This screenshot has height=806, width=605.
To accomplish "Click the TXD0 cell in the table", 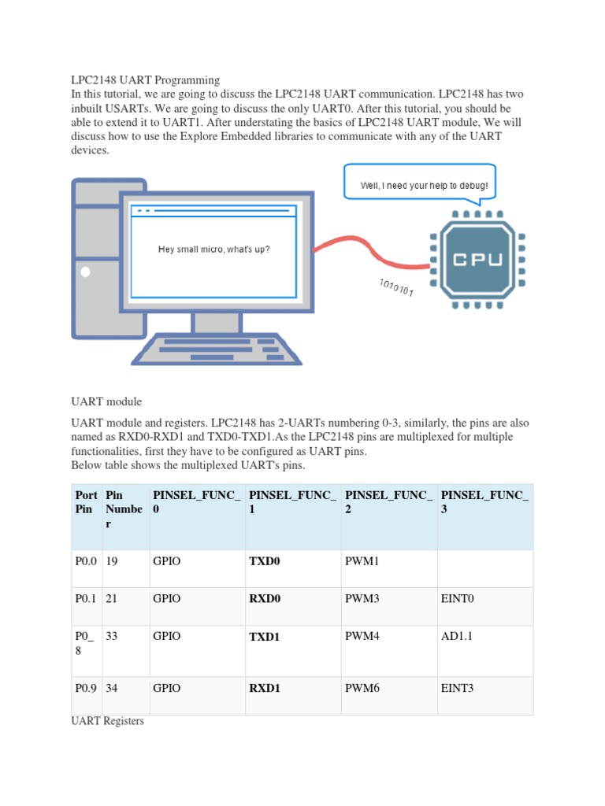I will [265, 560].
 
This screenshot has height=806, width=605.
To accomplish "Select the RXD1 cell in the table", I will [265, 688].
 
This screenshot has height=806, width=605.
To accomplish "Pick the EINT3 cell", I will [458, 688].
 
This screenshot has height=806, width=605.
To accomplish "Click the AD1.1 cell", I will [456, 636].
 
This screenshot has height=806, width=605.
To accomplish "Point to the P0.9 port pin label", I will [86, 688].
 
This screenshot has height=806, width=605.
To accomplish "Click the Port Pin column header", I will [86, 502].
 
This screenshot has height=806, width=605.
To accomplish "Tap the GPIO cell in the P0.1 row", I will [167, 598].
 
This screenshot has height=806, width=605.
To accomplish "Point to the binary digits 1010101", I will [396, 287].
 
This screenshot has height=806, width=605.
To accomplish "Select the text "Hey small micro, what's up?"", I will [213, 250].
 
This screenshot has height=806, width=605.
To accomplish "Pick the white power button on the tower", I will [86, 272].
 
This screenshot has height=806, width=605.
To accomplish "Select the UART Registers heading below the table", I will [108, 720].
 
